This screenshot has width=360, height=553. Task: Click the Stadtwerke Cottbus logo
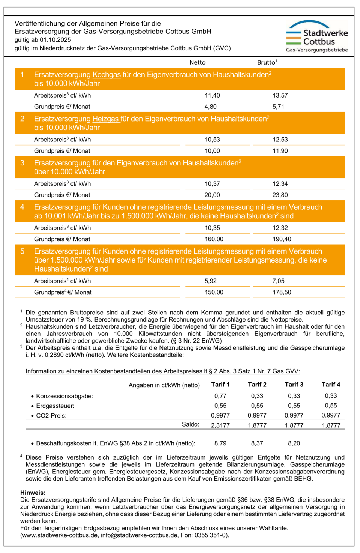(317, 36)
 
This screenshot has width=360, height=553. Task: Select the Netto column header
(198, 62)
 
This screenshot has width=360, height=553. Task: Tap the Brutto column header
(267, 62)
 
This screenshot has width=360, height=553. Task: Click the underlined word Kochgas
(106, 75)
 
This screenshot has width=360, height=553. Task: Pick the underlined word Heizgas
(106, 119)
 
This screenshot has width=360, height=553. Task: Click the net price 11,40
(212, 96)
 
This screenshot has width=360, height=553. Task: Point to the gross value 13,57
(280, 96)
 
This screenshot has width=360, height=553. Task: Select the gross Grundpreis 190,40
(282, 239)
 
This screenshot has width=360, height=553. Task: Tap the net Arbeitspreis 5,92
(211, 281)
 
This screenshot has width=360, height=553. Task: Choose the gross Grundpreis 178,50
(282, 292)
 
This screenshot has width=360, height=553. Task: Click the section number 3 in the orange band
(22, 163)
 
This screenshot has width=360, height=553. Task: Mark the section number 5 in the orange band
(22, 251)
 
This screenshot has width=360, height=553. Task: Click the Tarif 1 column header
(220, 385)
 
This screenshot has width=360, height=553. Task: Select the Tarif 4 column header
(331, 385)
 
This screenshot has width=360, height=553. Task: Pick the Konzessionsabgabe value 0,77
(220, 396)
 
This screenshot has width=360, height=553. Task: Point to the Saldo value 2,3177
(220, 425)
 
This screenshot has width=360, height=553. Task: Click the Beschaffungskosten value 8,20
(294, 443)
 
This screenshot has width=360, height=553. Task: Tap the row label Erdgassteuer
(55, 406)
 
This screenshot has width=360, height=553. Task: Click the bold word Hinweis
(33, 493)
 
